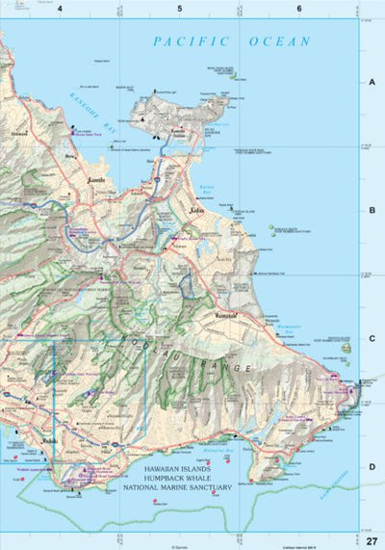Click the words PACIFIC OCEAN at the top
(x=232, y=41)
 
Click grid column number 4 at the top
(x=61, y=9)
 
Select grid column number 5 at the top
(x=180, y=9)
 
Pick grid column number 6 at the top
(x=299, y=9)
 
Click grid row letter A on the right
(x=371, y=83)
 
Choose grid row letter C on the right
(x=371, y=338)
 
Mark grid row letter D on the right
(x=371, y=466)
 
